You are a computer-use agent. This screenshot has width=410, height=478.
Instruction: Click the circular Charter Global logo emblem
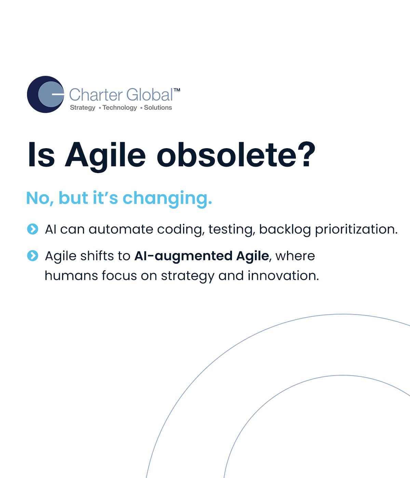click(45, 94)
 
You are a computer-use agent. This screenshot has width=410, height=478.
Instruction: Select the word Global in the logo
click(149, 95)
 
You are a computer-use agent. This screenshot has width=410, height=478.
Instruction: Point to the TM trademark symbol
click(177, 90)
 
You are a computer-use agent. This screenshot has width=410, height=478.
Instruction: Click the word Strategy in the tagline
click(83, 108)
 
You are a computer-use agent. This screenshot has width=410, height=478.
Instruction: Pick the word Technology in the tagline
click(120, 108)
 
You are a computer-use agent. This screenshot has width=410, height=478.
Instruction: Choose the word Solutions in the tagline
click(158, 108)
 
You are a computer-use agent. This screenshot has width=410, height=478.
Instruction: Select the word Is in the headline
click(41, 154)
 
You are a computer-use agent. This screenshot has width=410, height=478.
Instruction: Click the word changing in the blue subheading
click(167, 199)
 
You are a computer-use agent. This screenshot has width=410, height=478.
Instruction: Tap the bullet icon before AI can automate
click(32, 229)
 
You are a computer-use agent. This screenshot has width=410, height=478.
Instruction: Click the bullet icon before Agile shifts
click(32, 256)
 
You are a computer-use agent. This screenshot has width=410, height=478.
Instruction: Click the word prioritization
click(356, 230)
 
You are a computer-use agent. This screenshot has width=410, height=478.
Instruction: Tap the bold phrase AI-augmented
click(183, 256)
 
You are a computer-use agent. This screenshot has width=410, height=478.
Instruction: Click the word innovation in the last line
click(283, 276)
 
